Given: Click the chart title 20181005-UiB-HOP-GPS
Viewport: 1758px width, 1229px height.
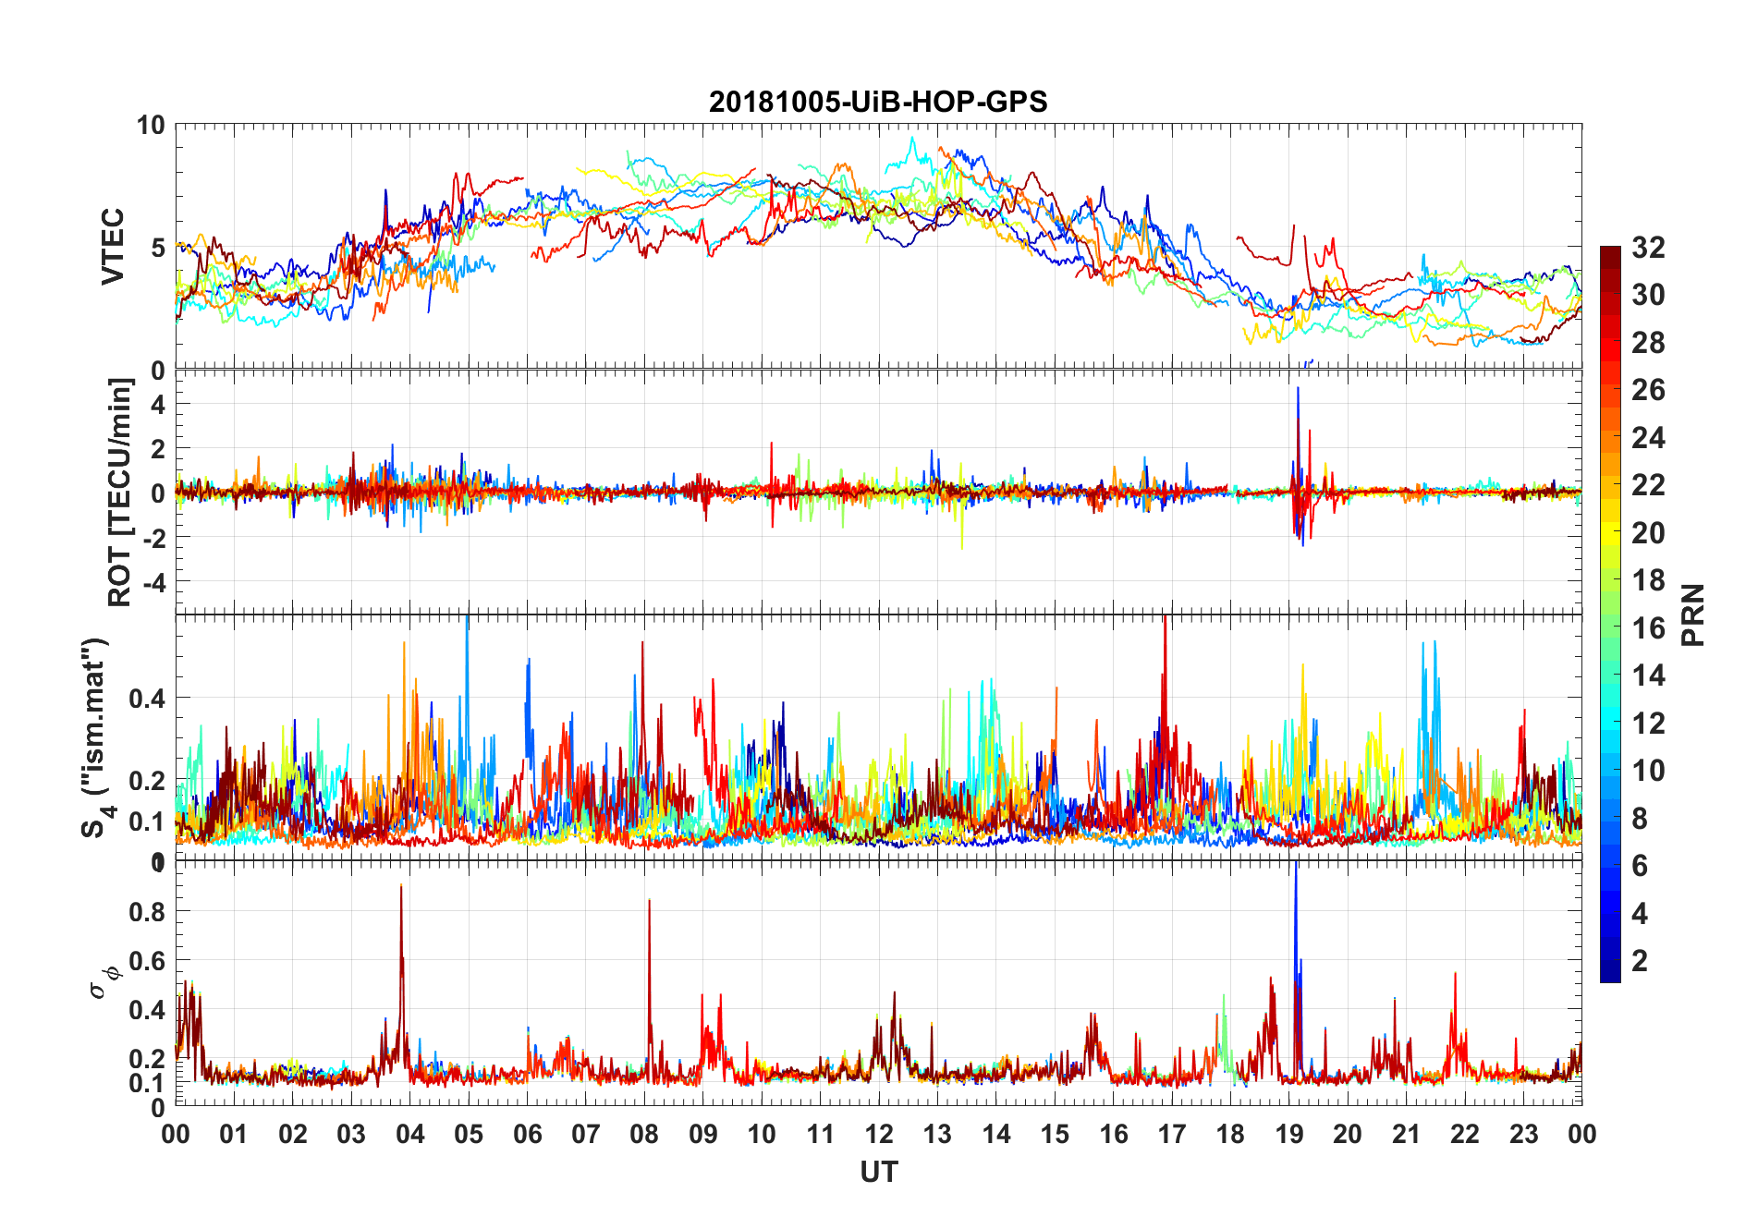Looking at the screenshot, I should [x=878, y=102].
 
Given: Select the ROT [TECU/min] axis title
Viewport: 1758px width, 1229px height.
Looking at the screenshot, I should [x=120, y=492].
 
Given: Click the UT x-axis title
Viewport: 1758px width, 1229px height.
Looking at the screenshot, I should [x=878, y=1172].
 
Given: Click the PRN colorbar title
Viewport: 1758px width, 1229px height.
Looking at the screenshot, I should [x=1692, y=614].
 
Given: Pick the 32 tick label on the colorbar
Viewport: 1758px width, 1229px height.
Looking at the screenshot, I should [x=1648, y=247].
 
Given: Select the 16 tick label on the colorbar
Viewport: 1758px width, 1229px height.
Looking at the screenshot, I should [x=1648, y=627].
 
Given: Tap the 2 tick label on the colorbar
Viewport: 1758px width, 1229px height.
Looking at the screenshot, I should [x=1640, y=960].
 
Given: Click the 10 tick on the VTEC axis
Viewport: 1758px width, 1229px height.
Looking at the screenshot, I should [x=151, y=125].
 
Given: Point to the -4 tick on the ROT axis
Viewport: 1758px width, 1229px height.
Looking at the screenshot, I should [x=154, y=582].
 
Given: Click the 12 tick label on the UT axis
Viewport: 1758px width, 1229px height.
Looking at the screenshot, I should [x=878, y=1134].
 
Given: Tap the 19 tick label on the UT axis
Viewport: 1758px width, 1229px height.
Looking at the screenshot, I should [x=1288, y=1134].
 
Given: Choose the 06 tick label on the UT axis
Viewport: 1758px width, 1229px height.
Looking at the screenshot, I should [x=527, y=1134].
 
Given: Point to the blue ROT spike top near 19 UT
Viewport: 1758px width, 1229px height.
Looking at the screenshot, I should [x=1298, y=388].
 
